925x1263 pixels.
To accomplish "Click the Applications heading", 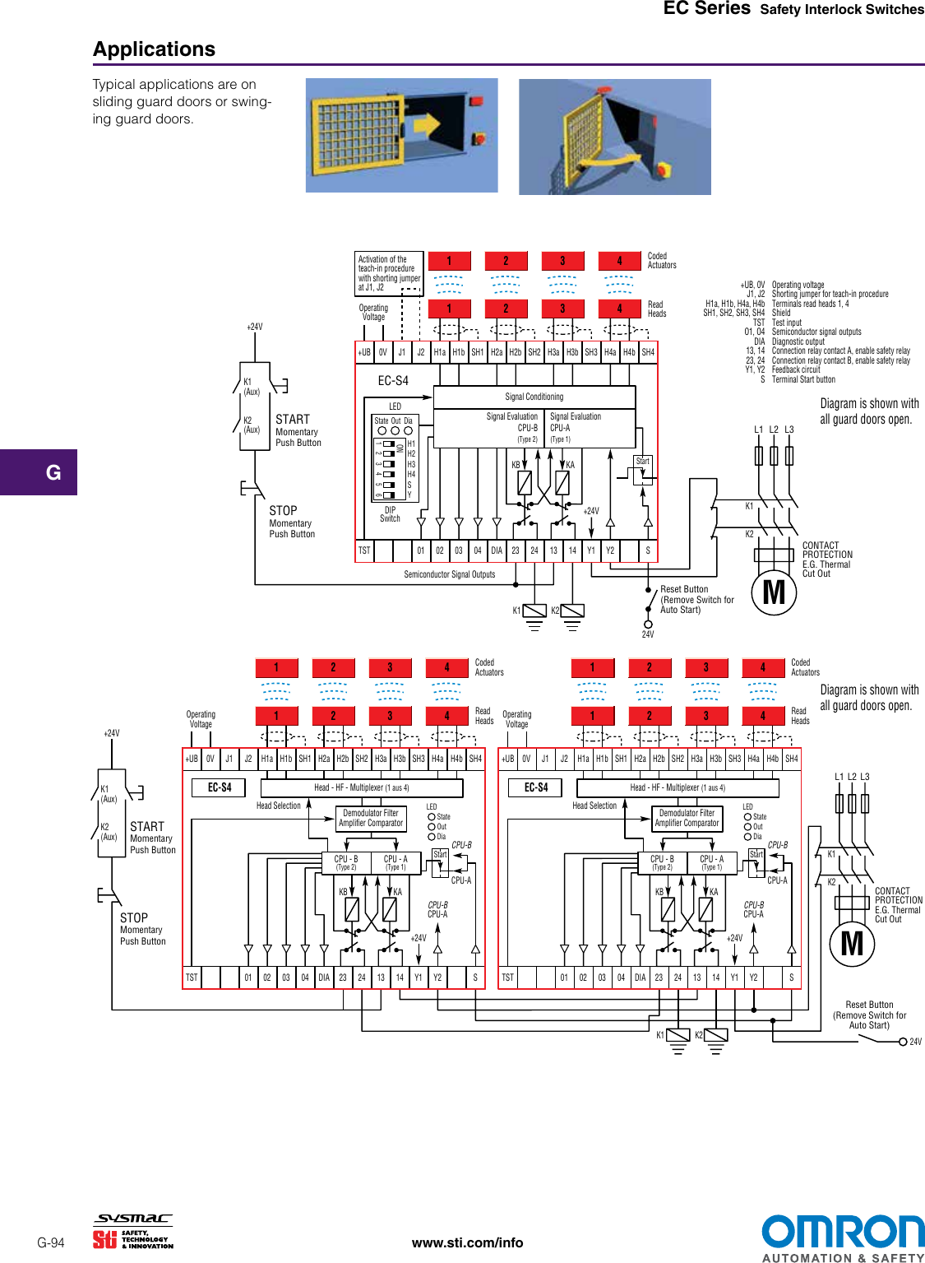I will coord(154,49).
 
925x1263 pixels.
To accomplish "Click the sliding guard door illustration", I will coord(401,136).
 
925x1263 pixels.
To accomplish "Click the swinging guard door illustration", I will coord(614,137).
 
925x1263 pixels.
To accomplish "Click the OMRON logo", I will coord(842,1232).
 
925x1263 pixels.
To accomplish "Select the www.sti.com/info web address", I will coord(467,1242).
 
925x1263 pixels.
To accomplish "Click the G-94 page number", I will coord(51,1242).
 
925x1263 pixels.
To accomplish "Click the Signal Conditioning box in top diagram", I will coord(534,397).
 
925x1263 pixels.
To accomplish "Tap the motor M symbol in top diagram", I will coord(774,592).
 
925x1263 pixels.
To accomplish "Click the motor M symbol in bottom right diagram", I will coord(852,943).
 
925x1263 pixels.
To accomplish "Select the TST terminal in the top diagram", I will coord(364,550).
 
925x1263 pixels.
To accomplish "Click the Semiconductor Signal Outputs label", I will coord(449,574).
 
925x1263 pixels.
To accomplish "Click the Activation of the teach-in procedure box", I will coord(389,273).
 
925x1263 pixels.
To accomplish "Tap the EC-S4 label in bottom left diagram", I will coord(220,787).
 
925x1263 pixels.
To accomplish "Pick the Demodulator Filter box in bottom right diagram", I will coord(687,818).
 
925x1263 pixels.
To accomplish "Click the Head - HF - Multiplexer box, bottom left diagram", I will coord(361,787).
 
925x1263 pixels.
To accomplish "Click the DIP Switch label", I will coord(390,514).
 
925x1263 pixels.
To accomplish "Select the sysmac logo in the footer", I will coord(134,1219).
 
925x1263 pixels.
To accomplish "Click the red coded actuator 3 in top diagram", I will coord(562,261).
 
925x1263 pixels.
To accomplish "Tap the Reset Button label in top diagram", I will coord(684,589).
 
